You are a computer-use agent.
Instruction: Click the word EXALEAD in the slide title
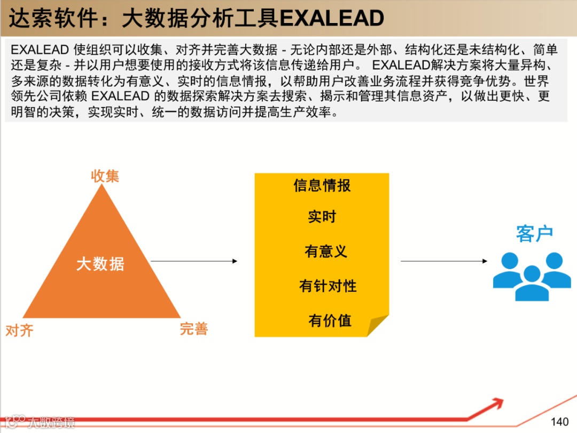click(332, 18)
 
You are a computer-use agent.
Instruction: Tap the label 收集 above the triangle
click(105, 176)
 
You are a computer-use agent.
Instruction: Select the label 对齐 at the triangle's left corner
click(19, 330)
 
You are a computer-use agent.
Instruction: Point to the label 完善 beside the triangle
click(193, 329)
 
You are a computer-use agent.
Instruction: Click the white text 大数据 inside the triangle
click(100, 263)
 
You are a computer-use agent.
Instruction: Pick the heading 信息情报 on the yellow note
click(322, 185)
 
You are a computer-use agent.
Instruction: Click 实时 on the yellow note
click(322, 217)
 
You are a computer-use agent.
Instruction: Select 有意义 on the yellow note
click(325, 251)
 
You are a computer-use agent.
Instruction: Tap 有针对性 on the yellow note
click(328, 286)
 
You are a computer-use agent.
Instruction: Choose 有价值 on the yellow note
click(330, 320)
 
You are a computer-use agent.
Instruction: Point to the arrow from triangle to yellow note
click(194, 261)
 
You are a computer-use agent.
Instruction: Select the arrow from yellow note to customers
click(444, 261)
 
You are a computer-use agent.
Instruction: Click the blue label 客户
click(534, 234)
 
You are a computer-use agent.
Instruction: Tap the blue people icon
click(532, 276)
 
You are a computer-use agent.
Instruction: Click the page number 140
click(559, 421)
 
